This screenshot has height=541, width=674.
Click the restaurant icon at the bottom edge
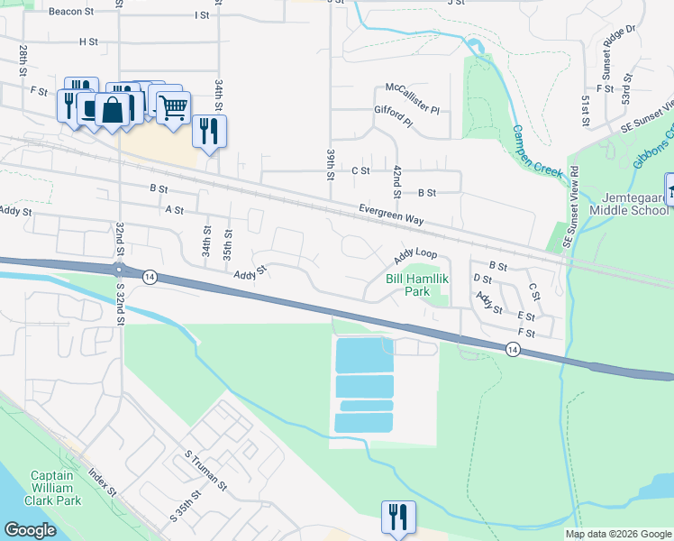coord(397,517)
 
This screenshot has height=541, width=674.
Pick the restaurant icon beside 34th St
coord(209,131)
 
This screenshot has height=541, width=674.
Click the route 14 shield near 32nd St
coord(150,278)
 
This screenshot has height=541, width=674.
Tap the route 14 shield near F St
coord(513,349)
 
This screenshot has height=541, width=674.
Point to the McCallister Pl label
coord(413,88)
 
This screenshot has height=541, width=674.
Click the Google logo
coord(30,530)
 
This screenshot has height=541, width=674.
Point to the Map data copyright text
coord(617,534)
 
